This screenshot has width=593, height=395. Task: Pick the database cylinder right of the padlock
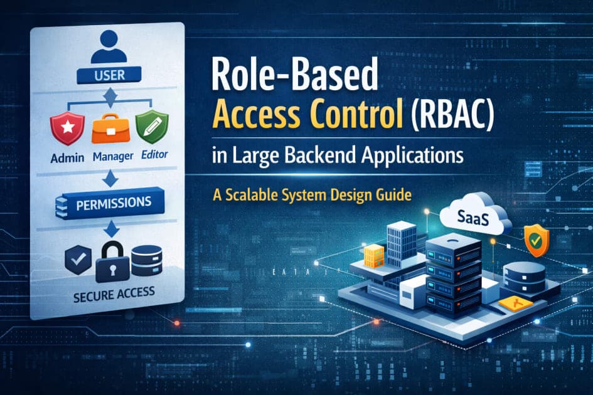point(147,259)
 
